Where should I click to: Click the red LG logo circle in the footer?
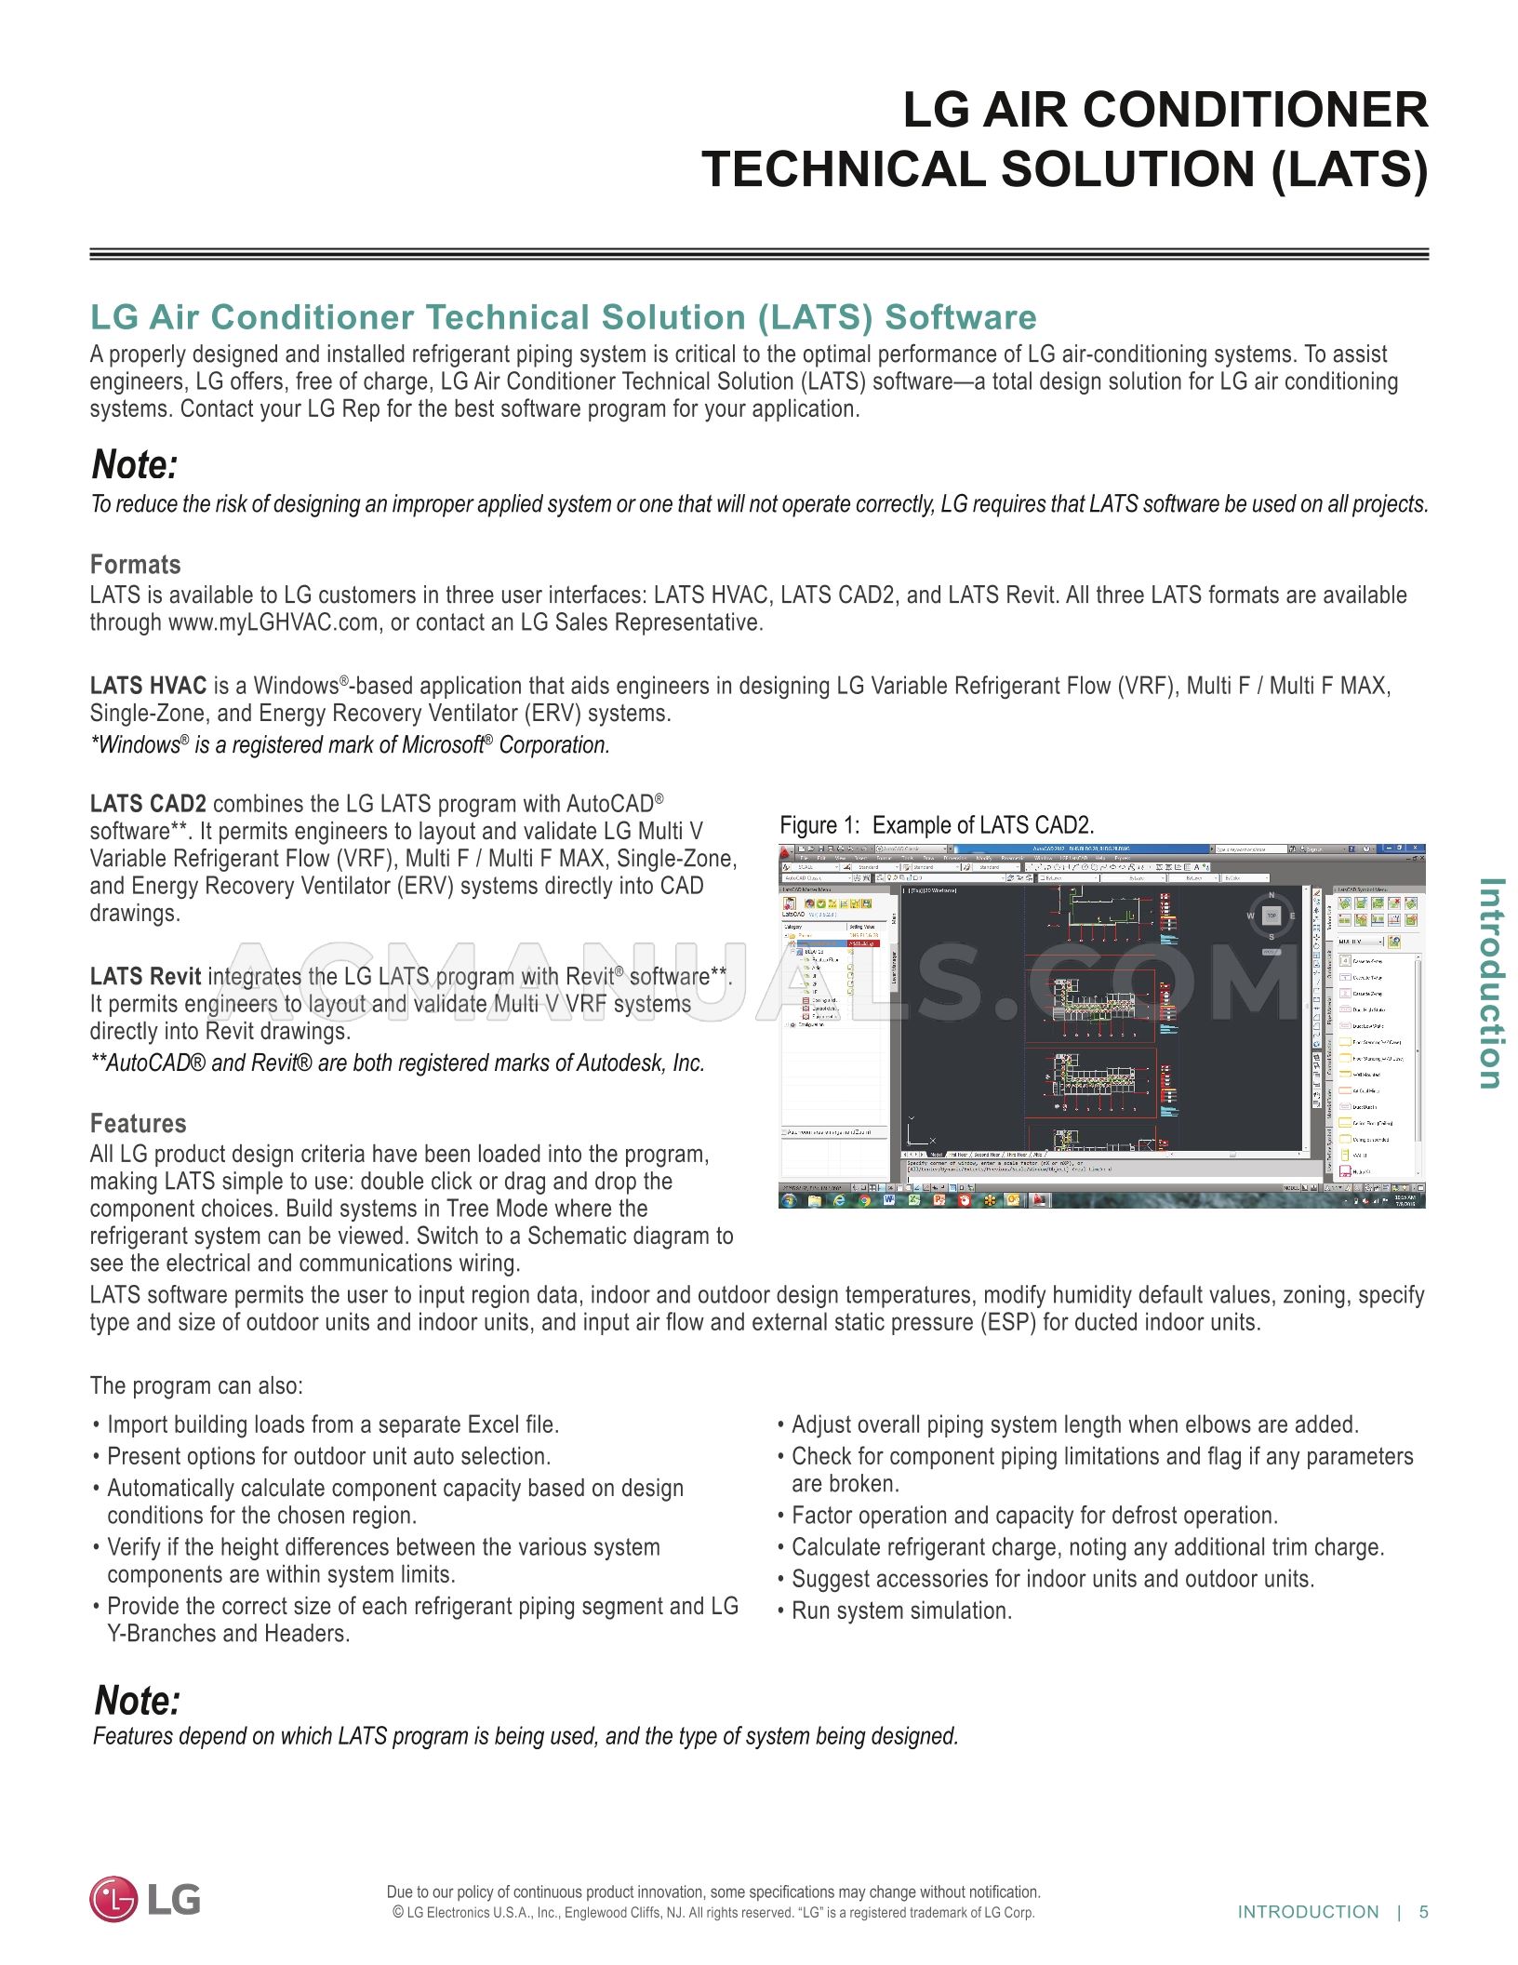tap(113, 1899)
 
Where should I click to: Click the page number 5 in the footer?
tap(1423, 1912)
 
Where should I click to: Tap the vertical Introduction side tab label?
tap(1490, 982)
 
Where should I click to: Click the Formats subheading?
tap(135, 565)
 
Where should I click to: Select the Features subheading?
tap(138, 1123)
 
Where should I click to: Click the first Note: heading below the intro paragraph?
tap(134, 465)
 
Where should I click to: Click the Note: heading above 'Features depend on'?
tap(137, 1701)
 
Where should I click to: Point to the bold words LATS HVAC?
tap(148, 687)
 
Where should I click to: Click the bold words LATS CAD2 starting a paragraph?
tap(148, 804)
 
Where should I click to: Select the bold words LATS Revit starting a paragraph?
tap(145, 977)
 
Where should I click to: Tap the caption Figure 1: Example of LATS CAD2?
tap(936, 825)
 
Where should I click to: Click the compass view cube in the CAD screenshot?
tap(1272, 916)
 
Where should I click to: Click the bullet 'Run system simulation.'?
tap(900, 1611)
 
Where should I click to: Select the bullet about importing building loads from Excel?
tap(332, 1425)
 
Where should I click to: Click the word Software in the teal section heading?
tap(960, 317)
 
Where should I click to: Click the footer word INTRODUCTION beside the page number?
tap(1308, 1912)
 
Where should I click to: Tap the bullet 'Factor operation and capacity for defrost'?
tap(1033, 1516)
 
